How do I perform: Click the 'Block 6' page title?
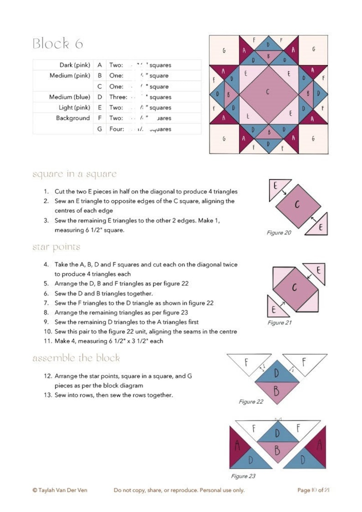[58, 44]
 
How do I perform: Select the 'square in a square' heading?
[74, 174]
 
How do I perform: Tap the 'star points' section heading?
[56, 247]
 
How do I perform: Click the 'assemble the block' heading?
[76, 358]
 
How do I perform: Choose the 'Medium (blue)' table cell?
[69, 97]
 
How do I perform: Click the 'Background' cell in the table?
[73, 118]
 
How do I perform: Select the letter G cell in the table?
[99, 129]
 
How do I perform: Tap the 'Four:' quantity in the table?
[117, 129]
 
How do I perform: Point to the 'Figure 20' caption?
[279, 233]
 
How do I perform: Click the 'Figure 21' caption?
[279, 323]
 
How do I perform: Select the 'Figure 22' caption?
[251, 402]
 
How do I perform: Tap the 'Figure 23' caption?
[243, 476]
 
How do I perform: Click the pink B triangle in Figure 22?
[276, 390]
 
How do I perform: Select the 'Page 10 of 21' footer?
[313, 490]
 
